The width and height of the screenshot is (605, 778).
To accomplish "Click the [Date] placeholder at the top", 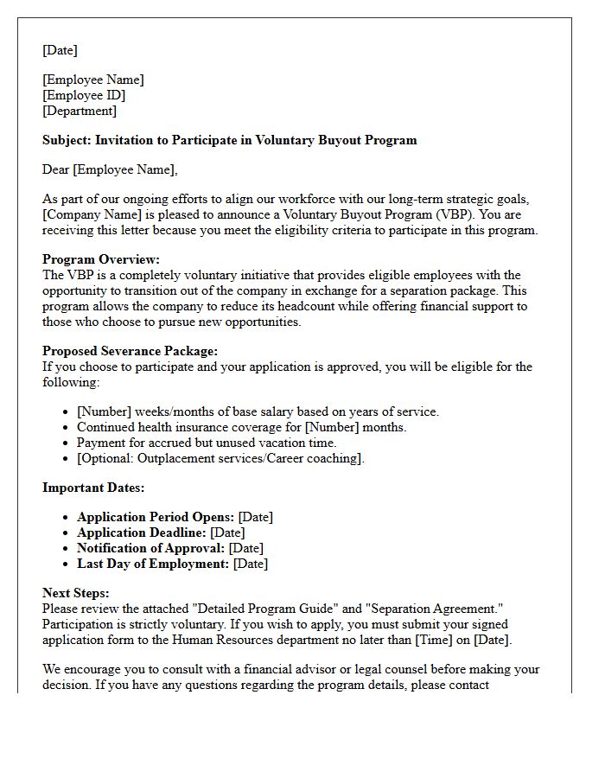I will click(x=60, y=50).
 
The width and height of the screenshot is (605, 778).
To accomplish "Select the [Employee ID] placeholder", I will click(x=84, y=95).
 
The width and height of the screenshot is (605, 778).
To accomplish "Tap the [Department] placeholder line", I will click(x=80, y=111).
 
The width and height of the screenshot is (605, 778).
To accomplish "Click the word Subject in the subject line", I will click(x=66, y=140).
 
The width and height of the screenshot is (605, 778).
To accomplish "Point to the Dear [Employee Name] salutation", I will click(x=109, y=169).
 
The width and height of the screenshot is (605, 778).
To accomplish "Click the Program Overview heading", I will click(x=101, y=259).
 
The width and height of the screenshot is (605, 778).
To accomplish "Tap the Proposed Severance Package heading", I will click(x=130, y=351).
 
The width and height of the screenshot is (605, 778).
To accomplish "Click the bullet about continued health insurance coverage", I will click(x=241, y=427).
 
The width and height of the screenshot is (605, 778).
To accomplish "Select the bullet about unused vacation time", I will click(x=207, y=443).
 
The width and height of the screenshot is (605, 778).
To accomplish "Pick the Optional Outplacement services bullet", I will click(x=220, y=458).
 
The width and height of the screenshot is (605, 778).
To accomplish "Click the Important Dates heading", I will click(x=93, y=488).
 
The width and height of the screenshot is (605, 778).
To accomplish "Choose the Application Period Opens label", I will click(x=156, y=517).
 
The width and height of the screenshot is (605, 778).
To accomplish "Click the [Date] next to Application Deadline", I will click(x=227, y=532).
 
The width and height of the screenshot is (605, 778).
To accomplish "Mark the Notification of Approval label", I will click(x=150, y=548).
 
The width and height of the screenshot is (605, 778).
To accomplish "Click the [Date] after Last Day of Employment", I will click(x=251, y=564).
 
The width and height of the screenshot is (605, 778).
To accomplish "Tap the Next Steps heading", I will click(x=76, y=593).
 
